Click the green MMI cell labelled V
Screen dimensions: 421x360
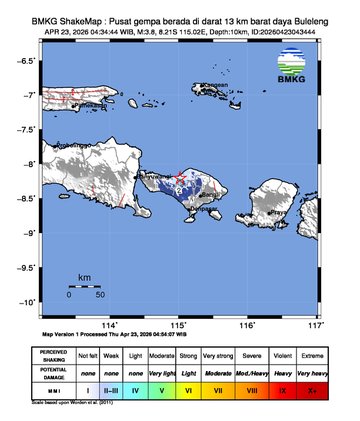pos(161,391)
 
